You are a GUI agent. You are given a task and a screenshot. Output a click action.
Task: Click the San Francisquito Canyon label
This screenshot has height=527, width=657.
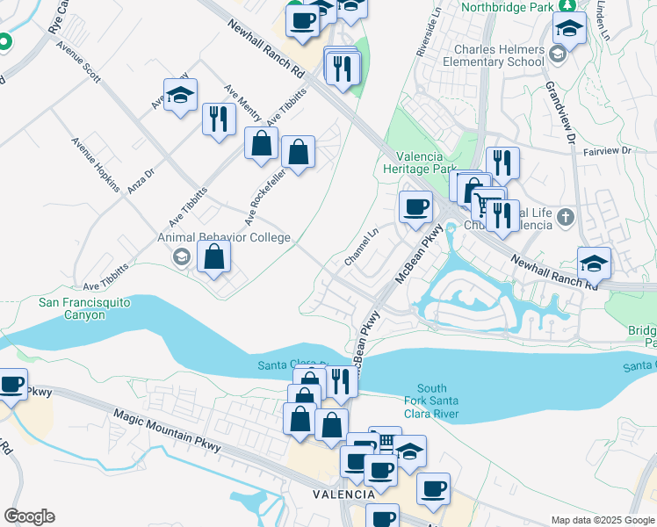[x=85, y=308]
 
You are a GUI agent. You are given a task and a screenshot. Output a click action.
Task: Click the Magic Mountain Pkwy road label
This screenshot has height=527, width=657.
[x=165, y=430]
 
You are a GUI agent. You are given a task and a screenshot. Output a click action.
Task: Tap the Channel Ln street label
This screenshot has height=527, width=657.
[x=361, y=248]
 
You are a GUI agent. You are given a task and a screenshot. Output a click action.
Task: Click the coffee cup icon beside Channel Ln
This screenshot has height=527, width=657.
[x=415, y=207]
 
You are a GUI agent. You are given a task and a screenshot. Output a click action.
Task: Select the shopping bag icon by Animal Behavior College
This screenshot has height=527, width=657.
[x=214, y=257]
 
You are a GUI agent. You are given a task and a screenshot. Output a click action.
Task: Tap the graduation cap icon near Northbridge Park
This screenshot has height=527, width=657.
[x=569, y=29]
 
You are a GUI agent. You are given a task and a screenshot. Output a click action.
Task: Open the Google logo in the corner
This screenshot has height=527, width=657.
[x=29, y=516]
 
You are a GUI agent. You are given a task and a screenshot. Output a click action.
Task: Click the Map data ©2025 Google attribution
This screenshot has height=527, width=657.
[x=603, y=520]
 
